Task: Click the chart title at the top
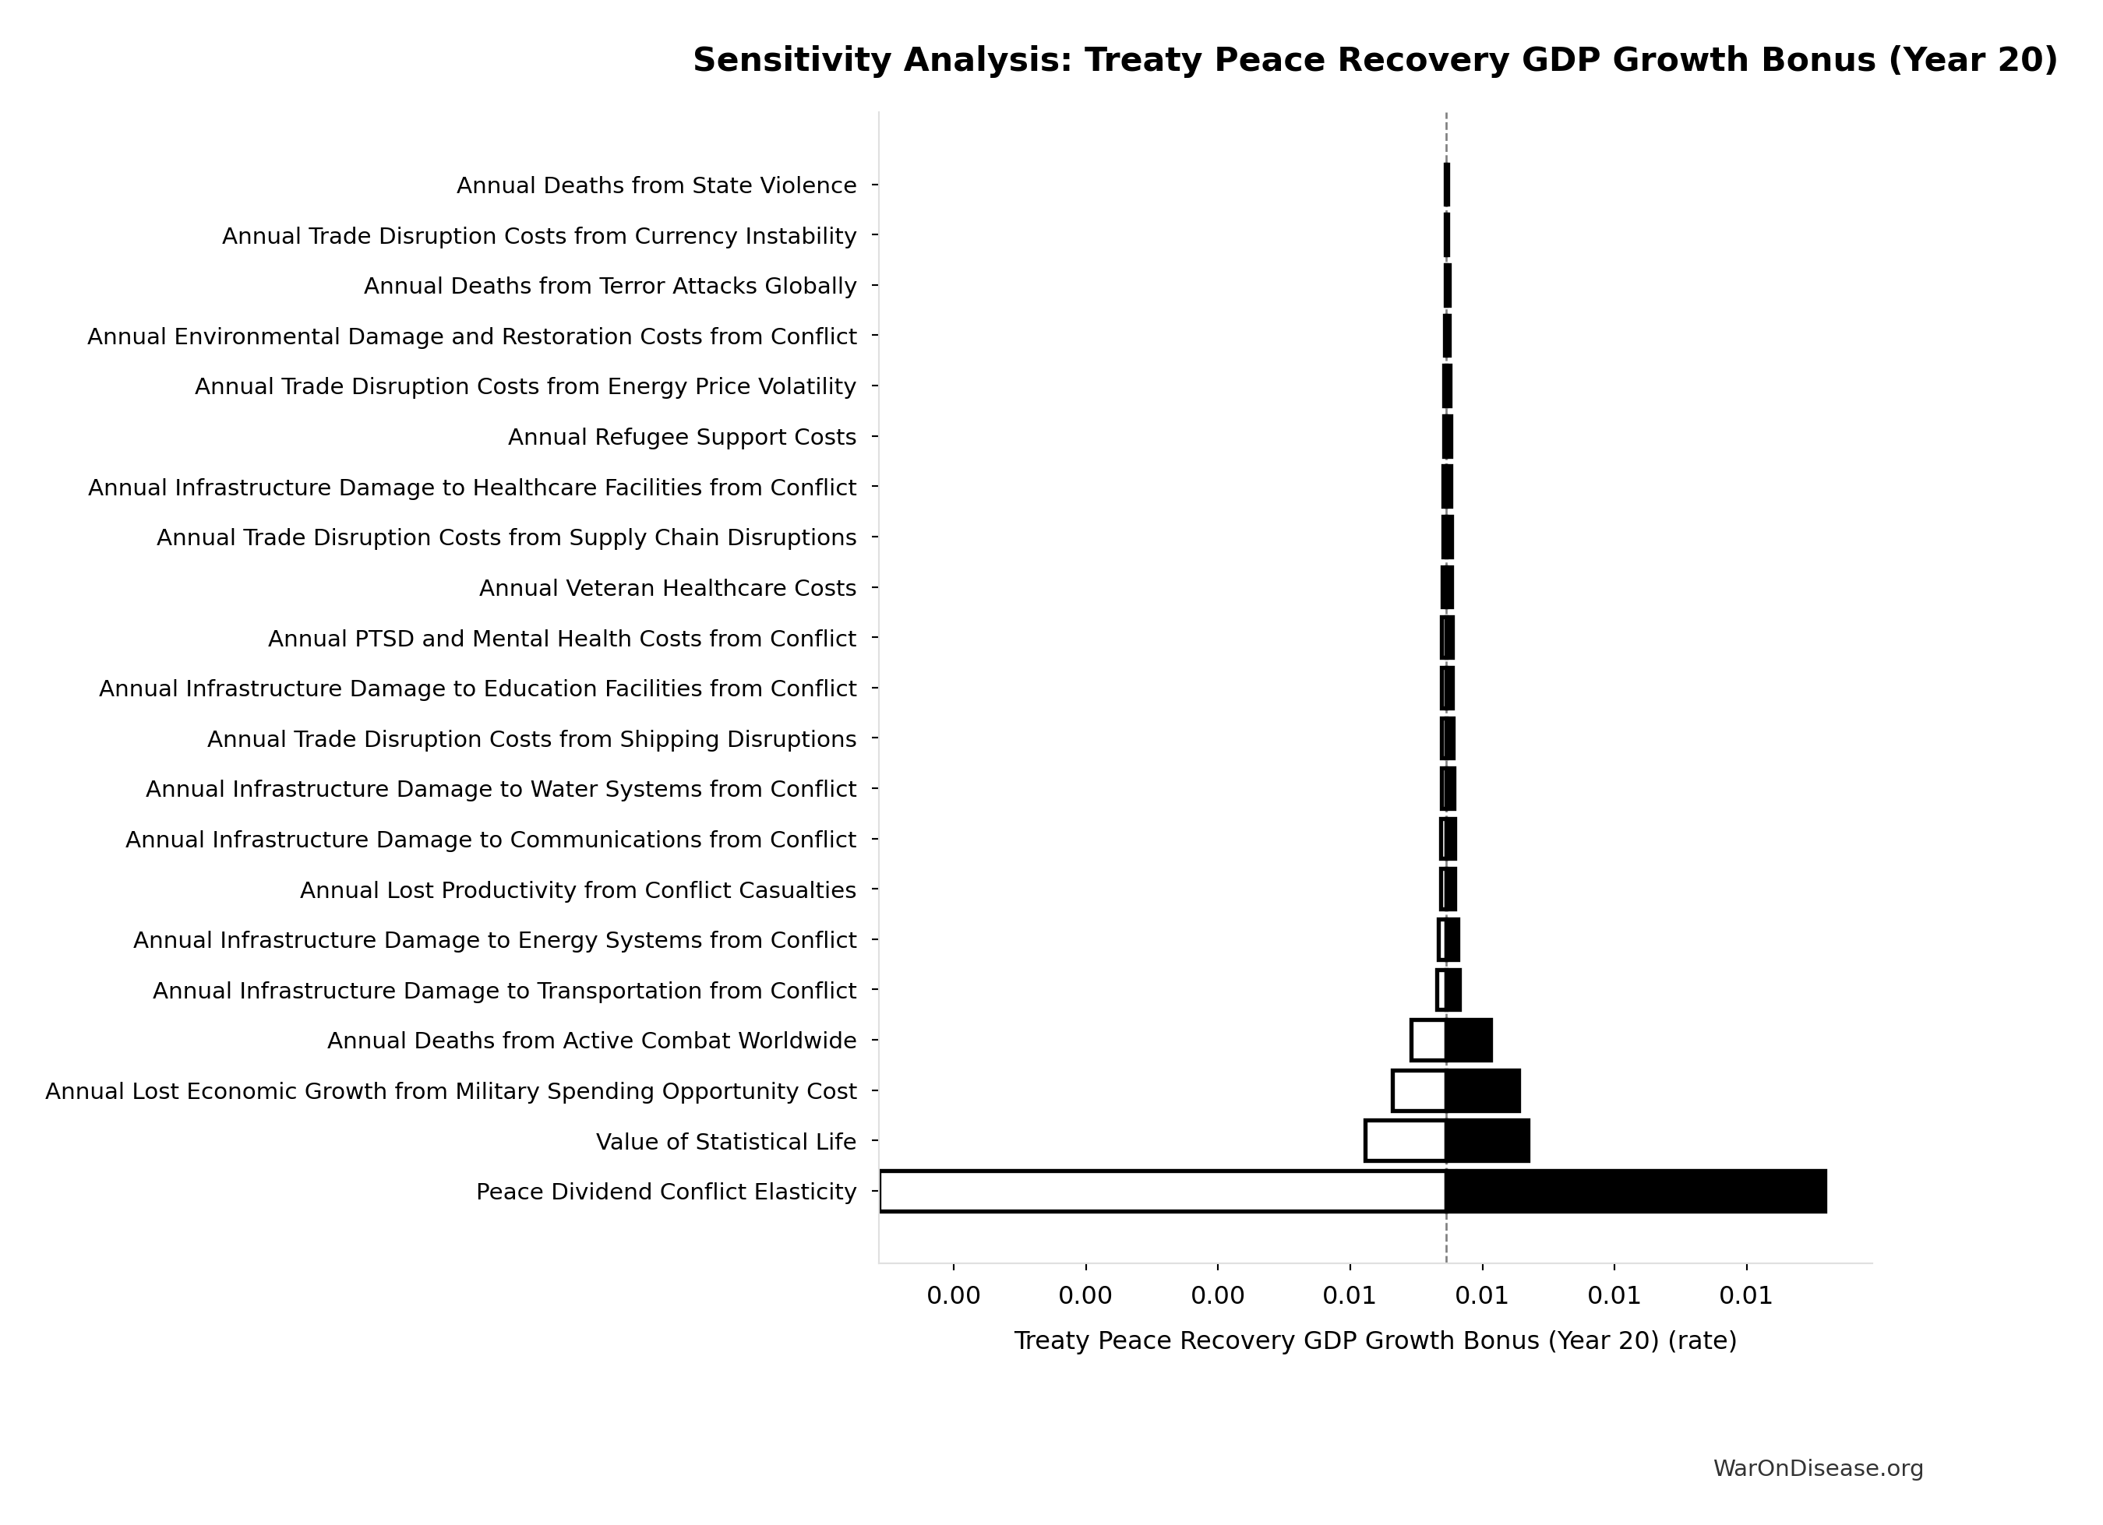tap(1374, 60)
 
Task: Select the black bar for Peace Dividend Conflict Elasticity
tap(1635, 1192)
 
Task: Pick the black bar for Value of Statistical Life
tap(1487, 1140)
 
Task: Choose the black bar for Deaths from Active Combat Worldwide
tap(1469, 1040)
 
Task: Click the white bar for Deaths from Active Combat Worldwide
tap(1428, 1040)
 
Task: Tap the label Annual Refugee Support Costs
tap(682, 437)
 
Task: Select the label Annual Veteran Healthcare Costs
tap(667, 588)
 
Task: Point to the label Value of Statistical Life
tap(725, 1141)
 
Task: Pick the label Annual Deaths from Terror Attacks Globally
tap(609, 286)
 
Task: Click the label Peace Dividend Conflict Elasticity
tap(665, 1192)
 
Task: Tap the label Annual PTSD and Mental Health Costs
tap(561, 639)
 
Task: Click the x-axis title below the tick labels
tap(1374, 1340)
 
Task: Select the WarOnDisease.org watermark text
tap(1817, 1468)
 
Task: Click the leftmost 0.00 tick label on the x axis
tap(952, 1296)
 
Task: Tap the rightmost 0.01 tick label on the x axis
tap(1746, 1296)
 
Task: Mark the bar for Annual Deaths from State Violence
tap(1446, 185)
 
